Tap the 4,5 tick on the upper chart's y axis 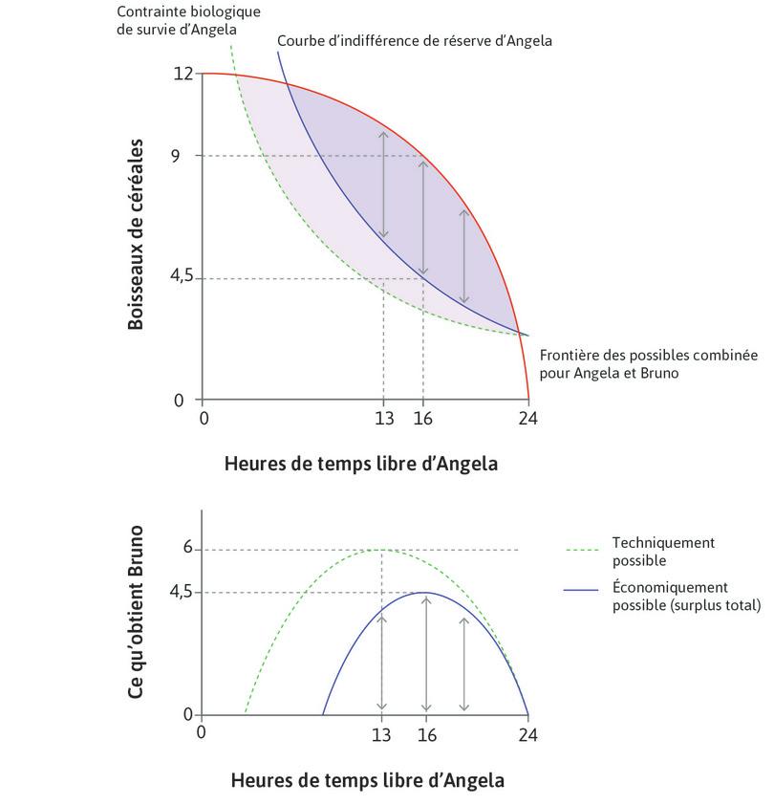click(x=183, y=277)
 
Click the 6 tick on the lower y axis click(x=188, y=549)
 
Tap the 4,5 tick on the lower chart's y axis click(x=182, y=593)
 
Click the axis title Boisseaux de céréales click(x=136, y=235)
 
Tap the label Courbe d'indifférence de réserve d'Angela click(x=414, y=42)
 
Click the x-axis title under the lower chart click(x=367, y=780)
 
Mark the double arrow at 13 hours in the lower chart click(x=382, y=662)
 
